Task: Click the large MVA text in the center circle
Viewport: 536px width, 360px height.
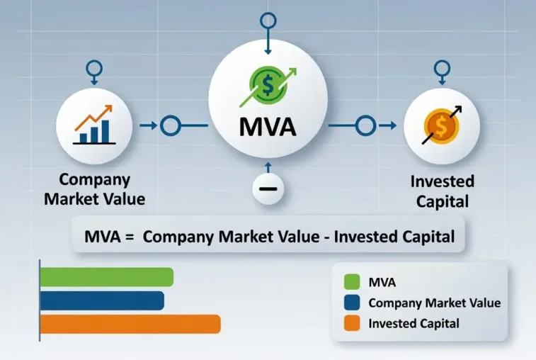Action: (268, 129)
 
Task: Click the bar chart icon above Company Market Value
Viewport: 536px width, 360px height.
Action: (93, 127)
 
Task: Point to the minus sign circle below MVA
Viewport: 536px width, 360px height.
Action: (268, 189)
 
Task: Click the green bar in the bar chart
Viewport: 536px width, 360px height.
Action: (106, 277)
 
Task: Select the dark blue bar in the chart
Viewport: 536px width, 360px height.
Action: (102, 301)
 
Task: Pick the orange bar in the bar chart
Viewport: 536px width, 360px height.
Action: (130, 324)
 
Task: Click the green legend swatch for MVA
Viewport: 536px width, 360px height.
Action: (352, 282)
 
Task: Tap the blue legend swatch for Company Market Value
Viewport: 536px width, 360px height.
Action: (352, 303)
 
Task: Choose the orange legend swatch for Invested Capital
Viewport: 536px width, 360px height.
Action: (352, 325)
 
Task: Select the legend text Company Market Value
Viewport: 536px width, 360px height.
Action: (434, 303)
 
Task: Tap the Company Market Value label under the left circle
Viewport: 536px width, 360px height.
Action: (94, 189)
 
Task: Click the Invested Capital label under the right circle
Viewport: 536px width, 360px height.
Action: (442, 191)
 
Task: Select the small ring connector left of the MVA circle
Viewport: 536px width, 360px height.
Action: (171, 127)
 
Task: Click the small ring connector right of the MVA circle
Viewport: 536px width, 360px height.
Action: (364, 127)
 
